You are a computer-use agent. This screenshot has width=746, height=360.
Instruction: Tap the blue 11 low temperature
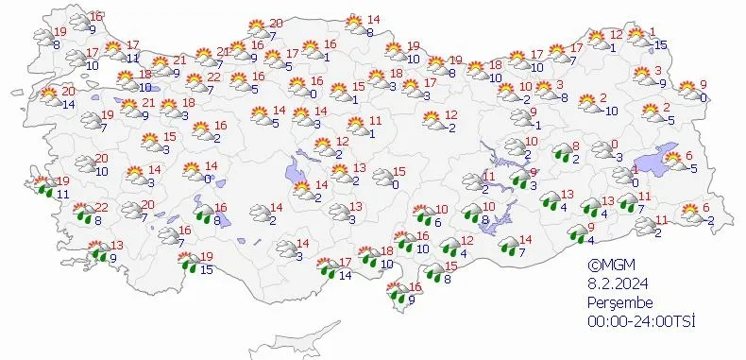[x=62, y=194]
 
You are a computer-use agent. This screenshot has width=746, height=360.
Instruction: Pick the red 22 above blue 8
[x=101, y=208]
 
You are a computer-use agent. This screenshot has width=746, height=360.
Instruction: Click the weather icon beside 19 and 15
[x=189, y=262]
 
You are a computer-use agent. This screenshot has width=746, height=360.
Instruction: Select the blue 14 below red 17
[x=346, y=275]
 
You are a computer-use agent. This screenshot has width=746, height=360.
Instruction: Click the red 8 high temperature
[x=577, y=146]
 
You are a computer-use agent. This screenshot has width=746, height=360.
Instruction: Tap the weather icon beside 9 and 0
[x=688, y=90]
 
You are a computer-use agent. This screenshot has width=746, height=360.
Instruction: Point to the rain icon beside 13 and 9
[x=97, y=251]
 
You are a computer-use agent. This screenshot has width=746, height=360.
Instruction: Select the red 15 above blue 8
[x=449, y=266]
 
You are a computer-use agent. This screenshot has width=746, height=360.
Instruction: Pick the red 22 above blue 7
[x=214, y=77]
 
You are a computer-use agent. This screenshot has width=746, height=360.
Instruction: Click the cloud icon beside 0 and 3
[x=600, y=149]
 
